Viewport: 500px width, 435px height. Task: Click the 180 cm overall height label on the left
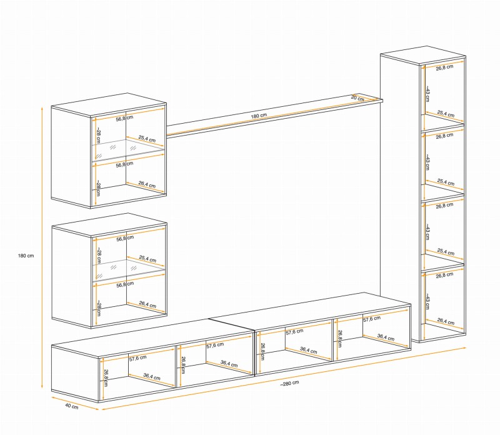(x=26, y=256)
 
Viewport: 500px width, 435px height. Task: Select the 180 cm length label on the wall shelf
(x=259, y=116)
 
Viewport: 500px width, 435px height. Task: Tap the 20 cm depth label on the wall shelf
(x=357, y=98)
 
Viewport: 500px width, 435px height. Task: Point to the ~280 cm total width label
(x=290, y=383)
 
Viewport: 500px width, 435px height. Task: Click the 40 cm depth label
(x=72, y=406)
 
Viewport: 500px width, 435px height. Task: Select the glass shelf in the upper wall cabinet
(x=129, y=149)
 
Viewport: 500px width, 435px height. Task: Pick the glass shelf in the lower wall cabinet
(x=129, y=269)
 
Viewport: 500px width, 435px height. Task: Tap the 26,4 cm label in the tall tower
(x=446, y=321)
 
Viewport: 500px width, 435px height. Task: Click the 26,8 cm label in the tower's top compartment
(x=444, y=67)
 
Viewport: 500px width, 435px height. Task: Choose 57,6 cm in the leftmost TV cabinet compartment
(x=137, y=358)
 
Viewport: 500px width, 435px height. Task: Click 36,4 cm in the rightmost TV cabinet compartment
(x=386, y=337)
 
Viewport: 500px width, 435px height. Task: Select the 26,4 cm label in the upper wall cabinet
(x=147, y=184)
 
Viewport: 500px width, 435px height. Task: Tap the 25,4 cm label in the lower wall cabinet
(x=147, y=259)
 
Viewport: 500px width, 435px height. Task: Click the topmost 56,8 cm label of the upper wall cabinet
(x=124, y=118)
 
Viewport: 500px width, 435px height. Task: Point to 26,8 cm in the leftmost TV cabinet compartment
(x=106, y=377)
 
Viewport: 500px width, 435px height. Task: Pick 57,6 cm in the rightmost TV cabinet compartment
(x=372, y=319)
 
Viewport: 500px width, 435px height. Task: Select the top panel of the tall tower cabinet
(x=423, y=55)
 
